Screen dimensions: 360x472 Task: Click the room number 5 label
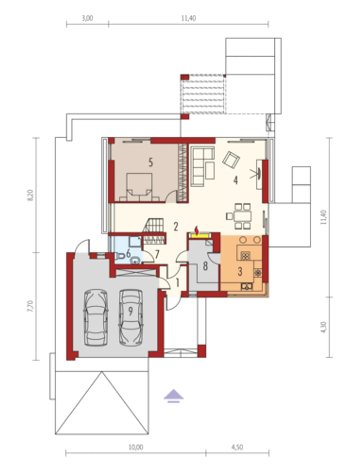click(x=151, y=162)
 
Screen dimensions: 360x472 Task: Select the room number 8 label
click(x=205, y=266)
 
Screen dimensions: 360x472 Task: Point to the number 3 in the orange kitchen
click(x=240, y=271)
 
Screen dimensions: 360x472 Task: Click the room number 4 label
click(x=236, y=180)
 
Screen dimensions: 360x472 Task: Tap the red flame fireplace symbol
click(x=197, y=230)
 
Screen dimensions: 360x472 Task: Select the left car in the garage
click(x=96, y=317)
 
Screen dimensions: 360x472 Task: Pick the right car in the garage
click(x=131, y=317)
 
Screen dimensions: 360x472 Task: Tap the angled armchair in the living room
click(x=231, y=159)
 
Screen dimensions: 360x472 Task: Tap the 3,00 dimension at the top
click(x=87, y=18)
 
